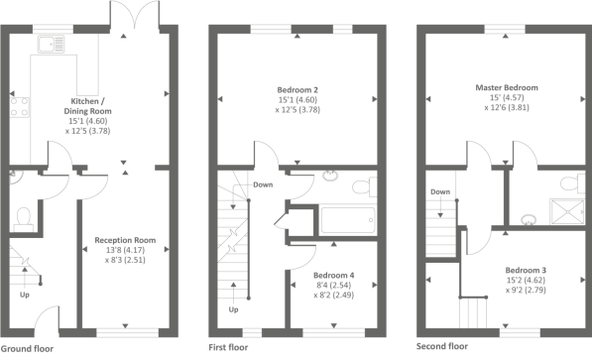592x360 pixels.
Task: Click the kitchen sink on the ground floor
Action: click(x=51, y=45)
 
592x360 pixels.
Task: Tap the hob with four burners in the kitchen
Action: click(x=19, y=107)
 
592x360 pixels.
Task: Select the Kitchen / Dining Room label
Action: click(x=87, y=106)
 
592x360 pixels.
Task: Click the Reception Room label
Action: click(x=125, y=240)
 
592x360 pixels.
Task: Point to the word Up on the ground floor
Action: click(x=25, y=295)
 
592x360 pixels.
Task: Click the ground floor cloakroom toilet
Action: click(x=24, y=219)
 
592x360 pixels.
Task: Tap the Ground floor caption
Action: click(x=27, y=349)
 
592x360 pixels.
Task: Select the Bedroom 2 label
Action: click(x=297, y=90)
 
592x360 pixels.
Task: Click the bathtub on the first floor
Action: click(x=348, y=220)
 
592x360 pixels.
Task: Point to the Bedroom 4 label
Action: click(x=334, y=275)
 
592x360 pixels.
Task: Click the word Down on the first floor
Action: click(x=263, y=184)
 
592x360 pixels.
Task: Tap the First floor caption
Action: click(x=228, y=347)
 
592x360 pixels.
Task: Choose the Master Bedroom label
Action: click(x=507, y=87)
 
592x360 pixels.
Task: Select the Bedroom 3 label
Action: click(x=526, y=270)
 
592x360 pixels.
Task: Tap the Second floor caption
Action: click(x=442, y=346)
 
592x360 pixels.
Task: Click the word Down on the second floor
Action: click(x=440, y=191)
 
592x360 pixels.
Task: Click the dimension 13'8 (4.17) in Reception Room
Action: click(x=125, y=250)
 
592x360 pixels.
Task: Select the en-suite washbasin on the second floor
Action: click(x=529, y=219)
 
